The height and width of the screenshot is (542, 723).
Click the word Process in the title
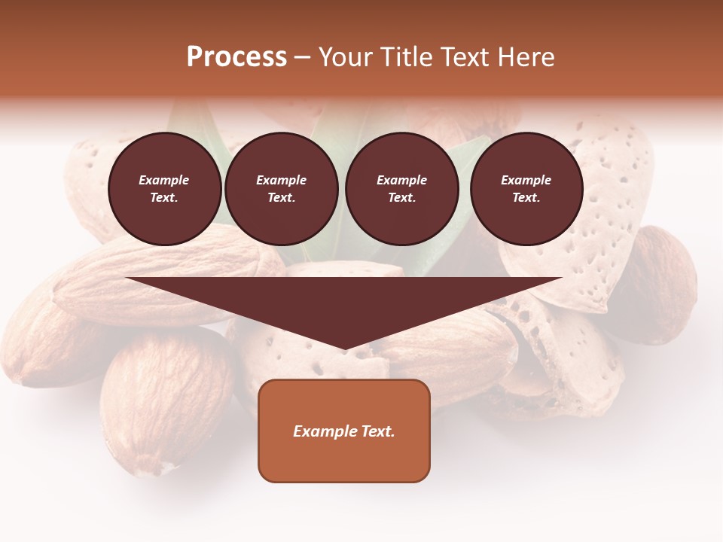point(236,57)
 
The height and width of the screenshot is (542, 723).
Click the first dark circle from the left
point(164,189)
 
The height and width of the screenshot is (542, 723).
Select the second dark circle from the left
point(281,189)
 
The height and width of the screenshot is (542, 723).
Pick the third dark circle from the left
point(401,189)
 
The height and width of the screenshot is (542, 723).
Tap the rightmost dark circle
point(526,189)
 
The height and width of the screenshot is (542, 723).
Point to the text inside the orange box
point(344,431)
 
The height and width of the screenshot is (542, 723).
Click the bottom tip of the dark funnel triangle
point(344,349)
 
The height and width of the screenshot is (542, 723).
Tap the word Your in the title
point(344,57)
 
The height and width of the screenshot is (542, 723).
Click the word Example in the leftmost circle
point(164,180)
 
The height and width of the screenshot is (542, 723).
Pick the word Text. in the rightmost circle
point(526,198)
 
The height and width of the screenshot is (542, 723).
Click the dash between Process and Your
point(303,57)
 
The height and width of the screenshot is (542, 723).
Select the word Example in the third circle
point(401,180)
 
